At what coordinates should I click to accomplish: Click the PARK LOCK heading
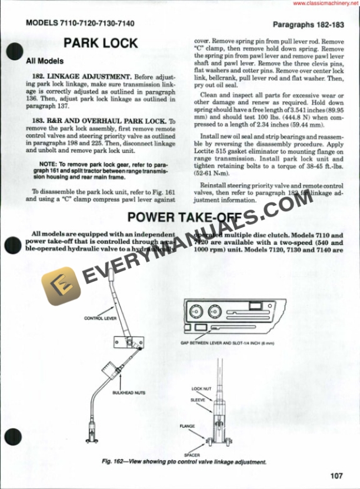coord(101,43)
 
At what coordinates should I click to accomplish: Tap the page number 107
coord(336,476)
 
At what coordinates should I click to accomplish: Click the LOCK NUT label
coord(197,389)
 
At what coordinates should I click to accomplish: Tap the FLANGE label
coord(187,425)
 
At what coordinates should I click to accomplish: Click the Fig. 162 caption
coord(184,462)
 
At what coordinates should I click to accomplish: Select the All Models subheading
coord(45,61)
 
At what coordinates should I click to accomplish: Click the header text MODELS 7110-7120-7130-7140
coord(80,24)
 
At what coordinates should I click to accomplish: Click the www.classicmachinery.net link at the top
coord(325,4)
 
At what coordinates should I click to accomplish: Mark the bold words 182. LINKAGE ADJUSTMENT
coord(82,77)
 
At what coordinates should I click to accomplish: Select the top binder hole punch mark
coord(13,53)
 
